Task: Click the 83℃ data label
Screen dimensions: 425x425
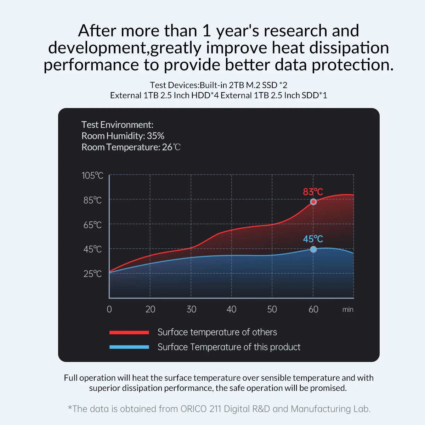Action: pos(313,192)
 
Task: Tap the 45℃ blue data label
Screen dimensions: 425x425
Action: pos(313,239)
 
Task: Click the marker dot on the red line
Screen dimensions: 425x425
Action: pos(313,202)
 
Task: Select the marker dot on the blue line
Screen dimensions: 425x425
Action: pos(313,249)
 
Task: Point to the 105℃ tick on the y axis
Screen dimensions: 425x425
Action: pos(92,176)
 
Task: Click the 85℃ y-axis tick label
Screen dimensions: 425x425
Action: pos(92,200)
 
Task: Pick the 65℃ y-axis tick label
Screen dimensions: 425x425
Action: pos(92,225)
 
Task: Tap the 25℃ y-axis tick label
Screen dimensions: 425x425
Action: pos(92,274)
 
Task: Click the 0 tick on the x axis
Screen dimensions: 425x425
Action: pos(109,309)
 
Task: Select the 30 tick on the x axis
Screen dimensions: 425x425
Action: pos(191,309)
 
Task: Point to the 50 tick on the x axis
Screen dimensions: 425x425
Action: pos(272,309)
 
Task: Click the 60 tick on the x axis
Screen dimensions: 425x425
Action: pos(313,309)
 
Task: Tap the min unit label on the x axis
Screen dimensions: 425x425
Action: pos(348,310)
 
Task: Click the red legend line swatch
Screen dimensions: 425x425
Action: pos(129,332)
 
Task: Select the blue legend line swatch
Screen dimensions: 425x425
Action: pos(129,347)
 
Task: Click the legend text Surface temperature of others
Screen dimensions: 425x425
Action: pos(217,332)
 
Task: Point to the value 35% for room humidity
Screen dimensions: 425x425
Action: pos(155,136)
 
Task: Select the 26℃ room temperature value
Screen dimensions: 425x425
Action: pos(171,147)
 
